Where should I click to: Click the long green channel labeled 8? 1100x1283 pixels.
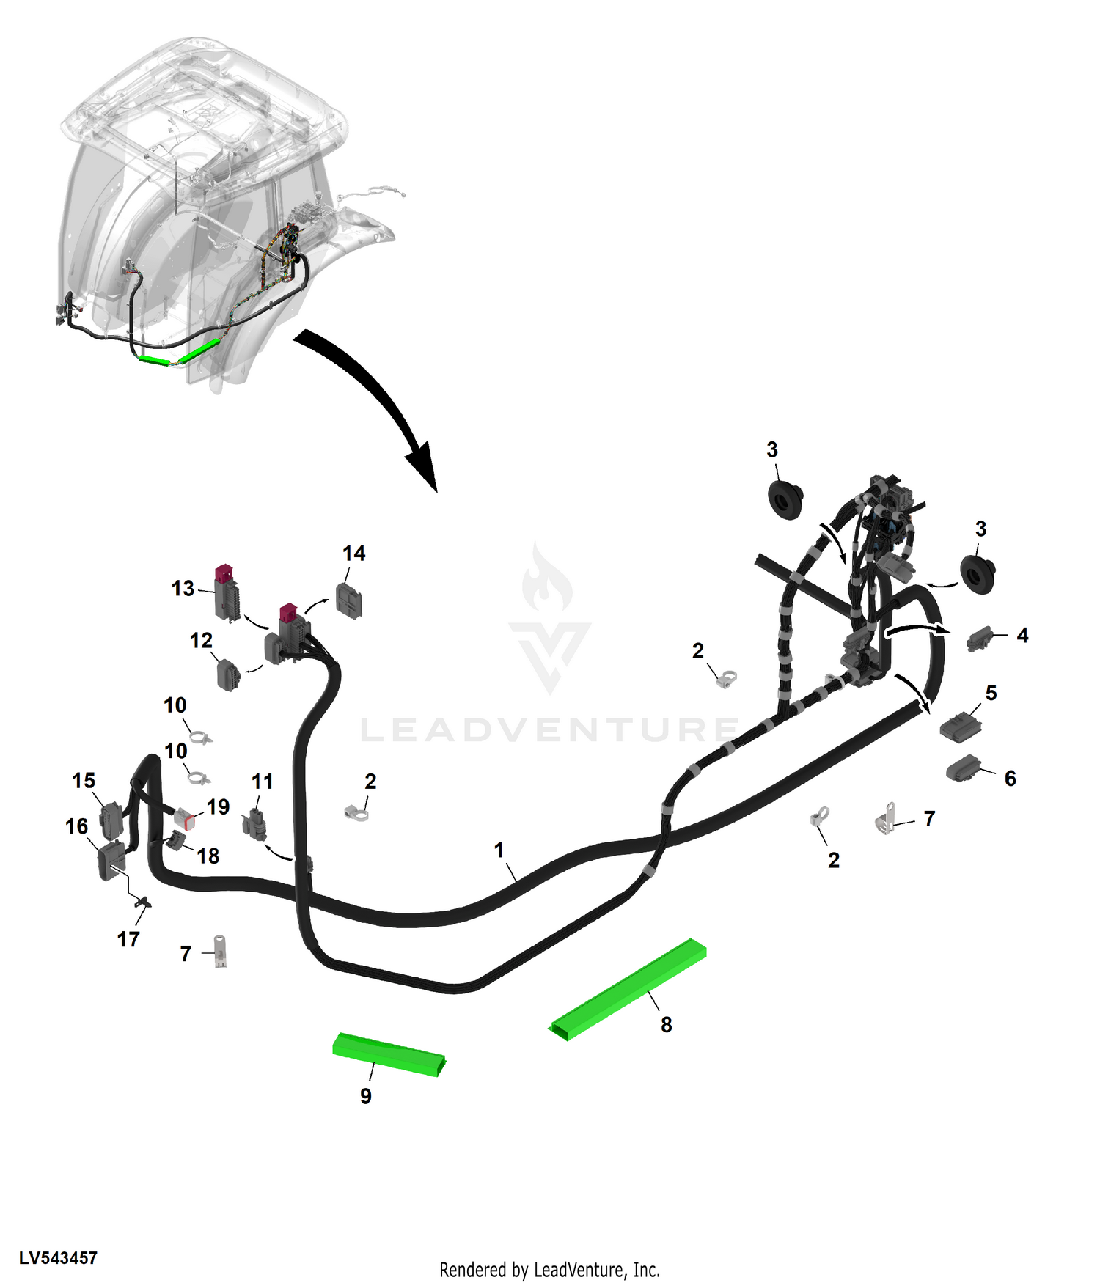(629, 989)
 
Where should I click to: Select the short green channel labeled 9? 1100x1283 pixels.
(389, 1055)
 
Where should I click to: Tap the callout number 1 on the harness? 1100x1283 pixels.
(499, 850)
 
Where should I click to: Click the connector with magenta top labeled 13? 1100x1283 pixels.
(227, 593)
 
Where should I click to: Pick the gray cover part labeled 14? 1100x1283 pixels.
(350, 601)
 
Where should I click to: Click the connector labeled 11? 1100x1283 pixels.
(255, 825)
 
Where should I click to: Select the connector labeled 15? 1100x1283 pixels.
(111, 819)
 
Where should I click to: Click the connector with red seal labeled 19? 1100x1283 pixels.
(184, 819)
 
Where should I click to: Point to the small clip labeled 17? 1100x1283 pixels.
(142, 902)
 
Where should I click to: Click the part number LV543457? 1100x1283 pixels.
(58, 1258)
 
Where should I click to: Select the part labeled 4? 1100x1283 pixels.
(980, 639)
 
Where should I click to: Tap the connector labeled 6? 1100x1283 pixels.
(964, 768)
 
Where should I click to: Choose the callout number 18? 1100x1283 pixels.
(208, 856)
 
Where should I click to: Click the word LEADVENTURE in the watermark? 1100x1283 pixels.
(550, 730)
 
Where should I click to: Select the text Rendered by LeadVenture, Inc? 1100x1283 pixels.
(550, 1270)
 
